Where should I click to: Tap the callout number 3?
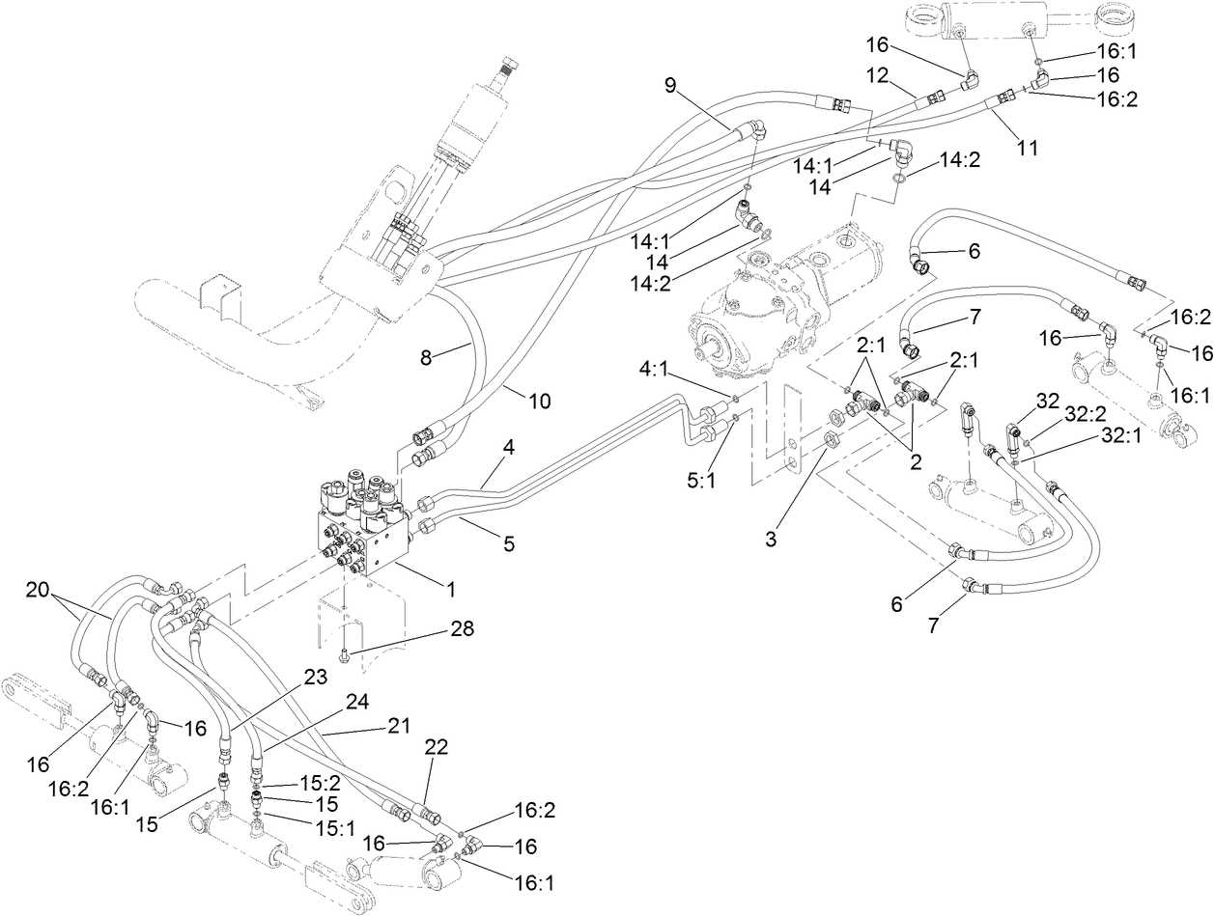point(771,540)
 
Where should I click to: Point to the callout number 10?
point(540,399)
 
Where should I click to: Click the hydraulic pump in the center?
point(773,299)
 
